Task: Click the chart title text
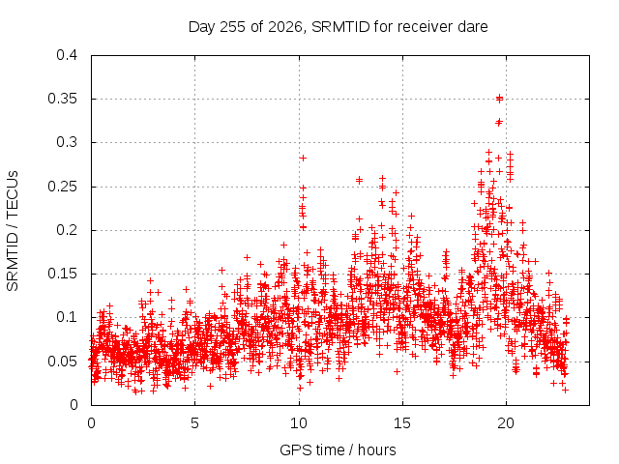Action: coord(338,27)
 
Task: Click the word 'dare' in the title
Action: coord(473,27)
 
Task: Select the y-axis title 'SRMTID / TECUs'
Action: coord(13,231)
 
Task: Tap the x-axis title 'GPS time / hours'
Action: coord(338,450)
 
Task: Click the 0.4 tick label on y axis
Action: coord(67,55)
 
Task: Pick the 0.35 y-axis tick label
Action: coord(62,99)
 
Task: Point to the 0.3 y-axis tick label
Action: coord(67,142)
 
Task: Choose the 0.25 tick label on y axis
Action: coord(62,187)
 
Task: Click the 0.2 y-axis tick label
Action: coord(67,230)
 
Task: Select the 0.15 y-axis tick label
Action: coord(62,274)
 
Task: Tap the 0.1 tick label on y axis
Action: coord(67,317)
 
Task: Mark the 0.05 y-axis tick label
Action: coord(62,361)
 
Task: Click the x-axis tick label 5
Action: coord(194,423)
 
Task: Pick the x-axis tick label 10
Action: coord(299,423)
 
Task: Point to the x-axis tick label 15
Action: coord(402,423)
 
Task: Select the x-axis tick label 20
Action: coord(506,423)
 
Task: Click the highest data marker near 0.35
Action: coord(499,98)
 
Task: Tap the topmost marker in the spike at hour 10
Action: coord(303,158)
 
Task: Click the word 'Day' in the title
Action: coord(202,27)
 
